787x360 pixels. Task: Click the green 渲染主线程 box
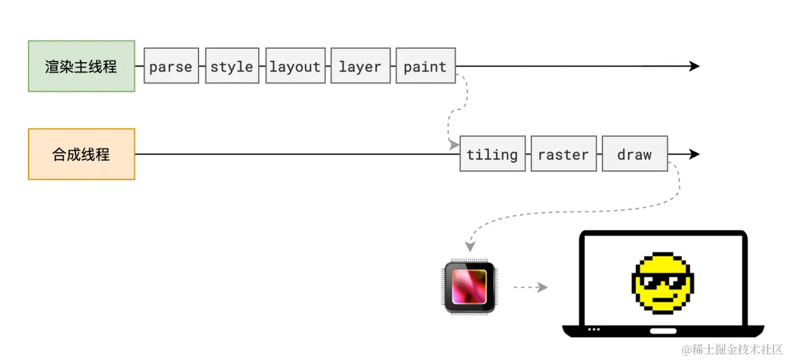[82, 67]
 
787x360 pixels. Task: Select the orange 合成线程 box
[82, 154]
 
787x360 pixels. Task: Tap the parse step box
[171, 66]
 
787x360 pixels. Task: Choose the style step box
[232, 66]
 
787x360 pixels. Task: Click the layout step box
[296, 66]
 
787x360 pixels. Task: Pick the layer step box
[360, 66]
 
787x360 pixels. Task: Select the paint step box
[426, 66]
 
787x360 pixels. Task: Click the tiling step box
[493, 154]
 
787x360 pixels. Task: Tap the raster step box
[564, 154]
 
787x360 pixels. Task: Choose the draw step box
[635, 154]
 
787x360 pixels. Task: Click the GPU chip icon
[469, 287]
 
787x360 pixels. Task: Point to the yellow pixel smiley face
[663, 283]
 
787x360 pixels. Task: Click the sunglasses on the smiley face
[663, 281]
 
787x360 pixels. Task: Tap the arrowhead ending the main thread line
[694, 66]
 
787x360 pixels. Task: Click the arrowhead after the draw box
[694, 154]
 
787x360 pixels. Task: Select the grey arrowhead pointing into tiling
[454, 145]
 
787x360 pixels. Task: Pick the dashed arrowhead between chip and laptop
[542, 287]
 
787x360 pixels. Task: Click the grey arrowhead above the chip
[470, 247]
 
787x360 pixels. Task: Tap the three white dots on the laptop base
[594, 330]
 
